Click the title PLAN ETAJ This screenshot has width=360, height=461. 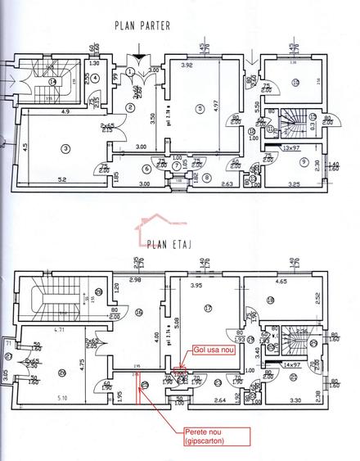pos(170,242)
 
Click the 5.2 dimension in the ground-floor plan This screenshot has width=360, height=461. pos(62,179)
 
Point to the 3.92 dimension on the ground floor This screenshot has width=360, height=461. pos(187,66)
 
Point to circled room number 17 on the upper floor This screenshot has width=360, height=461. pos(209,308)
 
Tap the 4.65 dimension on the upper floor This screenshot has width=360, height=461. pos(282,282)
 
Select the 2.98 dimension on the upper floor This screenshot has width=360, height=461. pos(137,281)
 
